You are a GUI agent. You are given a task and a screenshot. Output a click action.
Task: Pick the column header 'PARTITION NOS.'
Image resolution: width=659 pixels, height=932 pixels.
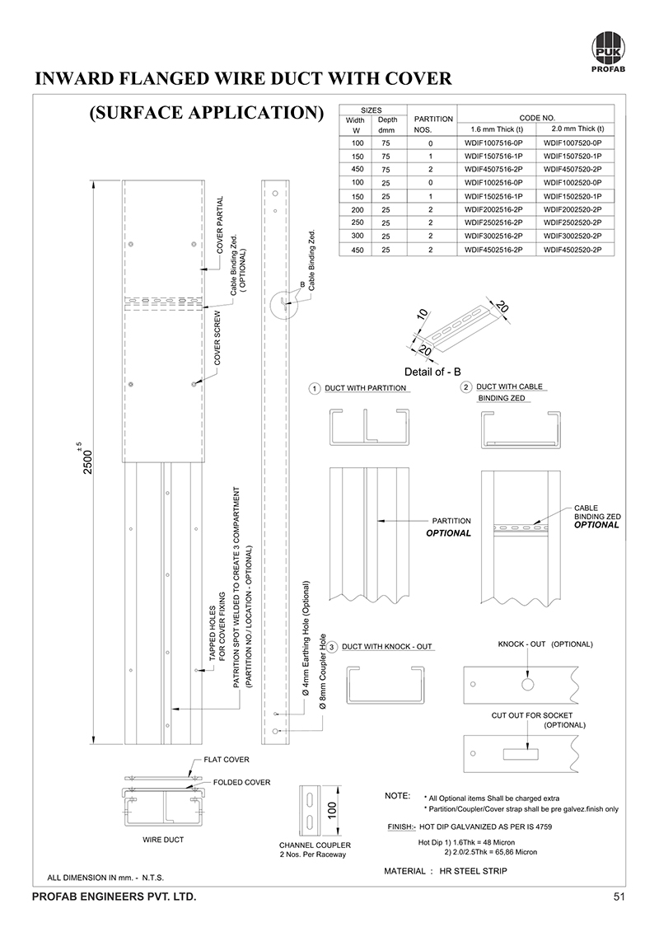coord(432,124)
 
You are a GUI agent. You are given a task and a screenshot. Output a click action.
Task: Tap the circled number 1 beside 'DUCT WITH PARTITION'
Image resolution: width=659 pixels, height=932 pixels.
coord(314,388)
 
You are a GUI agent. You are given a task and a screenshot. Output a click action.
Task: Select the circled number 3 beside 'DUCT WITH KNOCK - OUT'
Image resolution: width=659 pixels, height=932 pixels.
coord(332,646)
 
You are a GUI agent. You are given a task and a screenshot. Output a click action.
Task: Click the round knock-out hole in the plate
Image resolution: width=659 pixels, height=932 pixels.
coord(528,684)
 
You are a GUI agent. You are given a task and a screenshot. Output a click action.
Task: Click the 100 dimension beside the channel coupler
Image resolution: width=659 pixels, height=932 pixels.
coord(333,811)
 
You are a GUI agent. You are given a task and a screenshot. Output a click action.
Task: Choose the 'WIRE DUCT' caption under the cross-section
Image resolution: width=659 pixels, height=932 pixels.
coord(163,840)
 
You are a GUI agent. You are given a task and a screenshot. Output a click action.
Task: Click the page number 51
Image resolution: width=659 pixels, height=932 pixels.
coord(619,896)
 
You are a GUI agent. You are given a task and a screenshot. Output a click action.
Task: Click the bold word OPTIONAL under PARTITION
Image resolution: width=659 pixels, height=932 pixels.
coord(448,533)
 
